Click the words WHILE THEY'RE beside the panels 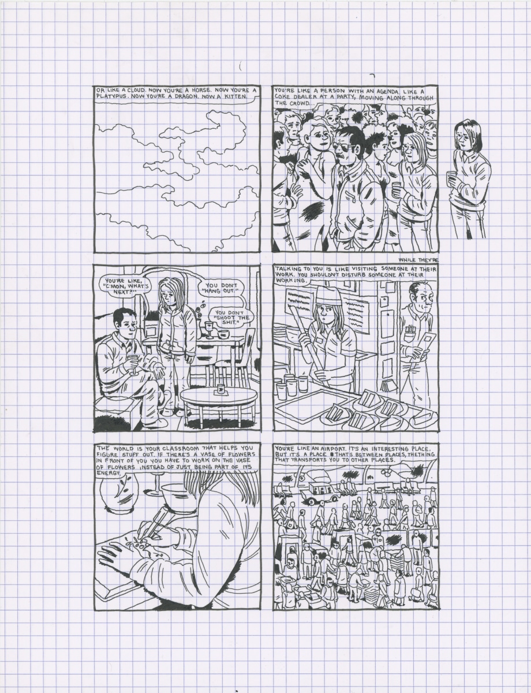pyautogui.click(x=418, y=260)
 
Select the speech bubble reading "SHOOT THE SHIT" pyautogui.click(x=227, y=318)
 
